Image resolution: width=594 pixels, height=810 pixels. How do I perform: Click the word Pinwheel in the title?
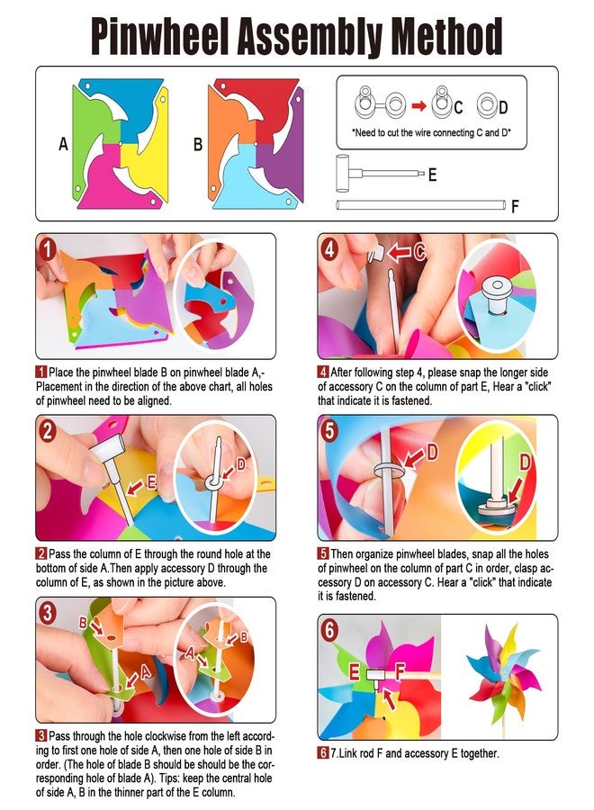click(x=159, y=36)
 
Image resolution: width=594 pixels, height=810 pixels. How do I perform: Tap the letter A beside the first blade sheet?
click(x=63, y=144)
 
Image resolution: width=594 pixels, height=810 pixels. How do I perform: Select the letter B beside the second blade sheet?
click(x=198, y=144)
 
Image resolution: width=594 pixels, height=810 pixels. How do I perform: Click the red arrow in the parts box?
click(x=418, y=106)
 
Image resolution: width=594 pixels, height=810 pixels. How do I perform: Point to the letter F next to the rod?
click(x=515, y=207)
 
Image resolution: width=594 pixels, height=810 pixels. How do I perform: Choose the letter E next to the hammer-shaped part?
click(x=432, y=175)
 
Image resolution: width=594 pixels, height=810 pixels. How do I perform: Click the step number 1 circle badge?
click(x=48, y=250)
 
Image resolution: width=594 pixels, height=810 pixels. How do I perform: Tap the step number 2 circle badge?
click(x=47, y=431)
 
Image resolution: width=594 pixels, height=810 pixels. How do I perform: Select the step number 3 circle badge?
click(x=47, y=613)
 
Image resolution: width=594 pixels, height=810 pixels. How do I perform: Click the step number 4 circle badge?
click(x=329, y=250)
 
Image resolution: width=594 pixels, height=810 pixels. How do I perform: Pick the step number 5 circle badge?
click(x=329, y=431)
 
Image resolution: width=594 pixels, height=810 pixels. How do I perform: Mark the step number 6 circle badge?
click(x=329, y=630)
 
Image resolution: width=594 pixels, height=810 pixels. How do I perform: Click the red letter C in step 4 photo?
click(x=419, y=252)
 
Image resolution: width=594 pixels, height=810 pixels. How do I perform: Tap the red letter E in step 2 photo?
click(x=151, y=482)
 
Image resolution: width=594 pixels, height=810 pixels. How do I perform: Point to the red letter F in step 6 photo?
click(x=400, y=671)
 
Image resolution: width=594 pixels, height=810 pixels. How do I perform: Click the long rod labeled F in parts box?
click(x=420, y=205)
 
